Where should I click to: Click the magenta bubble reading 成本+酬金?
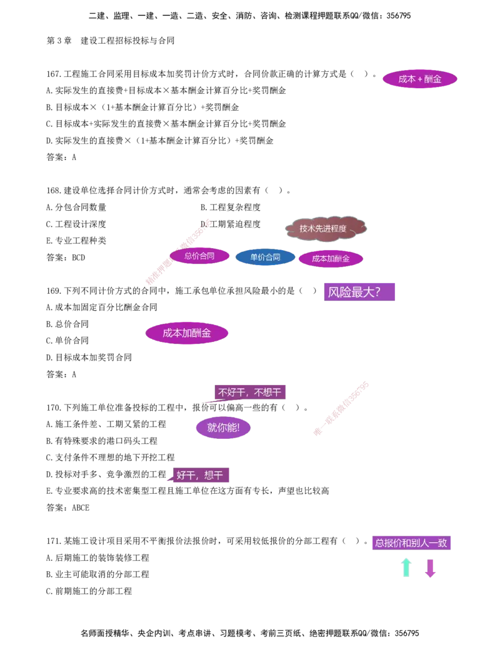click(419, 79)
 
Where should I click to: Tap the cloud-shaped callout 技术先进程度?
click(325, 228)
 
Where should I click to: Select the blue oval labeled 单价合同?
click(265, 257)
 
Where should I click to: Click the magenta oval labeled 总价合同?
click(199, 256)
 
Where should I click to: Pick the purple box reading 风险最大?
click(359, 292)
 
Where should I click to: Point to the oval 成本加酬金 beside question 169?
click(186, 333)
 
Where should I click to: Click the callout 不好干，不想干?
click(249, 392)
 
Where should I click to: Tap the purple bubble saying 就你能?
click(223, 427)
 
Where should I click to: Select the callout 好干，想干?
click(201, 475)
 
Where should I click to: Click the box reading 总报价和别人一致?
click(411, 543)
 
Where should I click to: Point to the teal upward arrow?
click(406, 568)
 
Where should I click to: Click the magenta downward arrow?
click(430, 568)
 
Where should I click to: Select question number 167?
click(54, 74)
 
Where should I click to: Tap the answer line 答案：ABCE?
click(67, 508)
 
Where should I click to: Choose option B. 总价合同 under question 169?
click(67, 324)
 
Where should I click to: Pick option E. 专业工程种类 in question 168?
click(76, 241)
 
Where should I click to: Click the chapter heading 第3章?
click(59, 41)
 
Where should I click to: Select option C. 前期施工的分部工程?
click(89, 591)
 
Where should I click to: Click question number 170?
click(54, 408)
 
